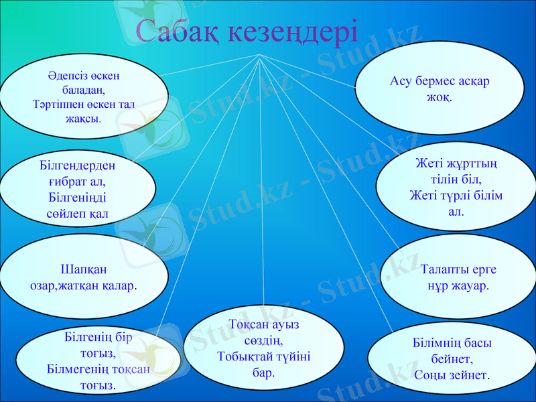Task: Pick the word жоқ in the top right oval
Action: pos(439,96)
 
